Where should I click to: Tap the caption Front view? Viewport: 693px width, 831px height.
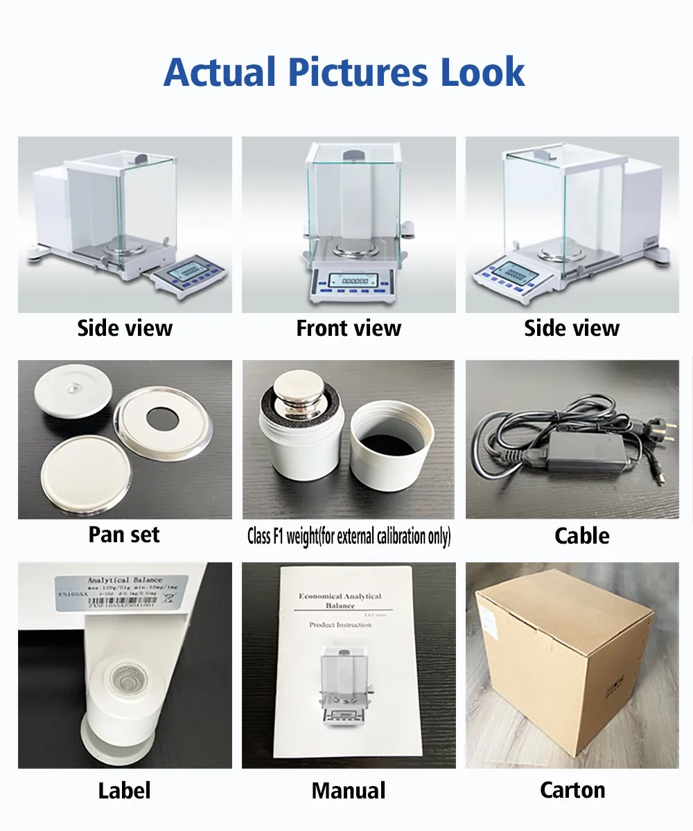point(349,328)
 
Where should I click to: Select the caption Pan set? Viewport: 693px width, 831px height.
point(124,535)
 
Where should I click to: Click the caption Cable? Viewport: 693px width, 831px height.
point(582,535)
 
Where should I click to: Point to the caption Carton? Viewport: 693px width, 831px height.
point(572,790)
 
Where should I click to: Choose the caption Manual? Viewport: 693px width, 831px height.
point(349,790)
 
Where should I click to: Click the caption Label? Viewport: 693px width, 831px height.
point(124,790)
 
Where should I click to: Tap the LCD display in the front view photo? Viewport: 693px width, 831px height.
point(353,280)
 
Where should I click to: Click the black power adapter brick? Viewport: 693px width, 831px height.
point(579,453)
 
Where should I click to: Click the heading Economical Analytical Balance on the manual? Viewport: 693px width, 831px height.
point(340,600)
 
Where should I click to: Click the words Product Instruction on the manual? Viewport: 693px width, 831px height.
point(340,625)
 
